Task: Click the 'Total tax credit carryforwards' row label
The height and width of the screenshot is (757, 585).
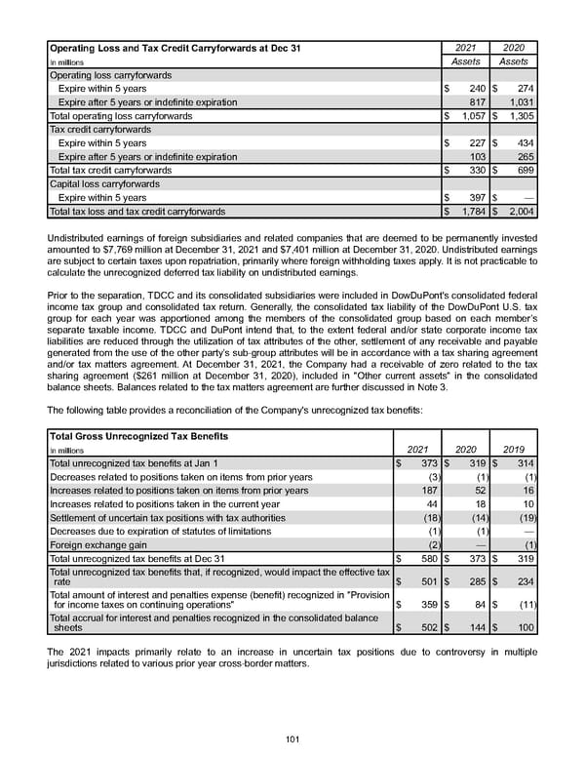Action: click(x=110, y=170)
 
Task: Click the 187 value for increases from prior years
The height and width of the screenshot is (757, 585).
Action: click(x=427, y=491)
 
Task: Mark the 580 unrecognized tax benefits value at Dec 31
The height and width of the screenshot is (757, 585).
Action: click(x=427, y=559)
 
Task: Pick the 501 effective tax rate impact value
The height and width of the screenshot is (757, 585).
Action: click(x=427, y=582)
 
